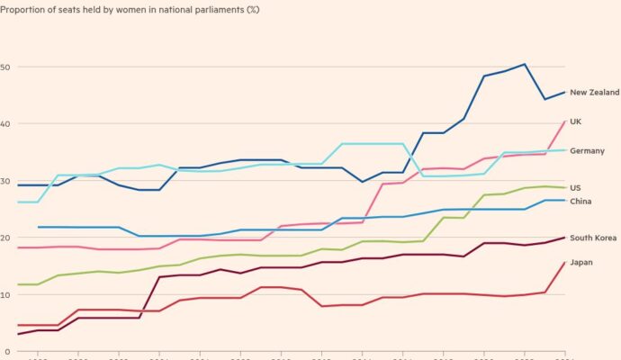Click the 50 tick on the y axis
[6, 67]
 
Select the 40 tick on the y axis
[6, 123]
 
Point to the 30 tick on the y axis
[6, 181]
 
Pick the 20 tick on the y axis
[6, 238]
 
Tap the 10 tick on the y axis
[6, 294]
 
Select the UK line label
[576, 121]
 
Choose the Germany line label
[587, 150]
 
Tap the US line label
[575, 187]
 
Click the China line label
[580, 201]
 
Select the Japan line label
[580, 262]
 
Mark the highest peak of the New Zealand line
[525, 64]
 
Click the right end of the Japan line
[564, 262]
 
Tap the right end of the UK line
[564, 121]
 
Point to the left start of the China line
[38, 227]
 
